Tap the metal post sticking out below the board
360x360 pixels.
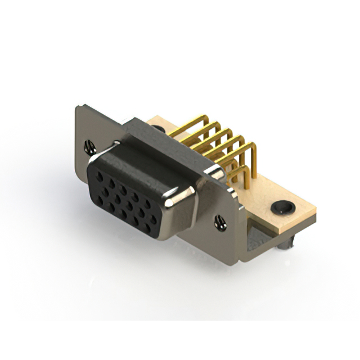(x=290, y=243)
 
